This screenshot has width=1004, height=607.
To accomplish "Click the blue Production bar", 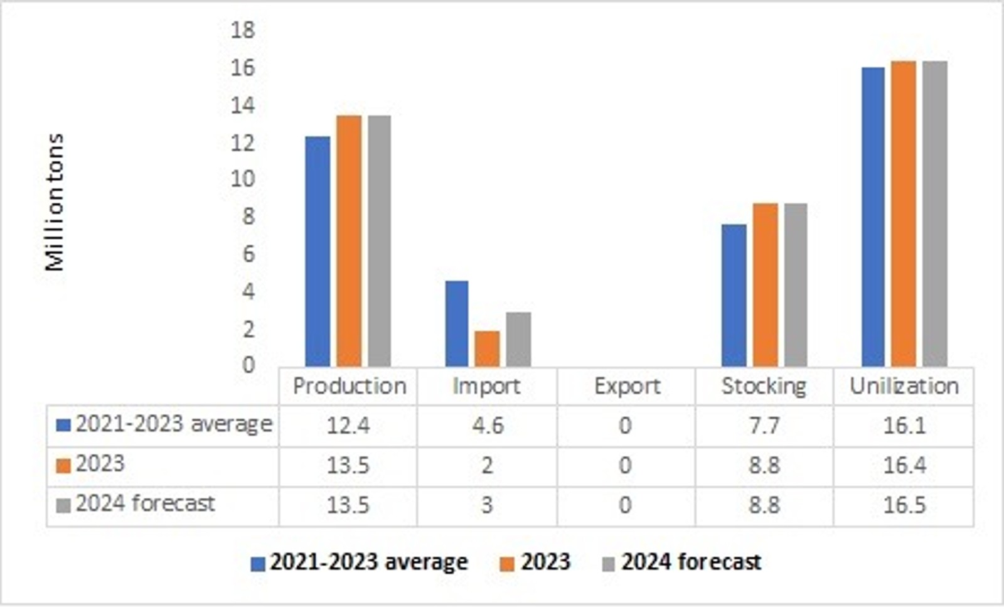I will [318, 251].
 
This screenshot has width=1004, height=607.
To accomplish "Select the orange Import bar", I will [487, 348].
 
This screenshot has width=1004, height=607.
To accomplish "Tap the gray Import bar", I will [518, 339].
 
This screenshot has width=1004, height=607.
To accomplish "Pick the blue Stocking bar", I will [734, 295].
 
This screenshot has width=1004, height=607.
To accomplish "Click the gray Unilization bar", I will [934, 213].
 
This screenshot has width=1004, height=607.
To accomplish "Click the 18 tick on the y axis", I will [243, 30].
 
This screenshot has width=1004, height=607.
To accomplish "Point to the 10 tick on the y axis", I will [243, 179].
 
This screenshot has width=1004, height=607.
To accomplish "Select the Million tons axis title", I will [55, 201].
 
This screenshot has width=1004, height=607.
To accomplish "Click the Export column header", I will [627, 386].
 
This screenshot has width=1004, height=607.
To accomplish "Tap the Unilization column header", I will [904, 386].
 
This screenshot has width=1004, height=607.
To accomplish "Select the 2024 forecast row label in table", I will [145, 503].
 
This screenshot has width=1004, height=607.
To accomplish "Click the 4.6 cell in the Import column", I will [488, 426].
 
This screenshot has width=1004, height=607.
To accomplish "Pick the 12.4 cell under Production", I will [348, 426].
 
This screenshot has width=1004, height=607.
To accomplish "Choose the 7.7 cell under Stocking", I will [764, 426].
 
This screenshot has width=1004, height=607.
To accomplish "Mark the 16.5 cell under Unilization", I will [904, 505].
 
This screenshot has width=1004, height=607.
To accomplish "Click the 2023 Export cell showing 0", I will [625, 466].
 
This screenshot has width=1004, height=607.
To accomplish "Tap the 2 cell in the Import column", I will [488, 466].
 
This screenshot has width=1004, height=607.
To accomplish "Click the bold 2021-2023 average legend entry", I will [368, 562].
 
